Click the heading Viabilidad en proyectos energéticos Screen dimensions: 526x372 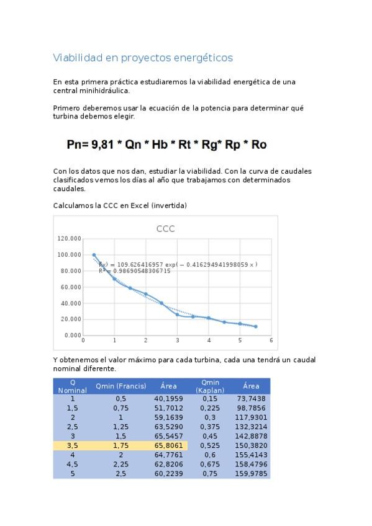[143, 58]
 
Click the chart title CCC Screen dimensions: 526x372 [165, 229]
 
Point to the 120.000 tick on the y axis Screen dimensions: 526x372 [69, 238]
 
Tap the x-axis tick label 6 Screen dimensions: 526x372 [271, 340]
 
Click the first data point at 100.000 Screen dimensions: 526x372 [94, 255]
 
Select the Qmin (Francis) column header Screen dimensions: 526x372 [120, 386]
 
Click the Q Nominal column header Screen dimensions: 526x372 [73, 386]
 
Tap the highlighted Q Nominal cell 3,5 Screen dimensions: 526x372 [73, 445]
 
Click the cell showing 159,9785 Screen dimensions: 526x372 [251, 473]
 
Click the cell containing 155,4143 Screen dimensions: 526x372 [251, 454]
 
